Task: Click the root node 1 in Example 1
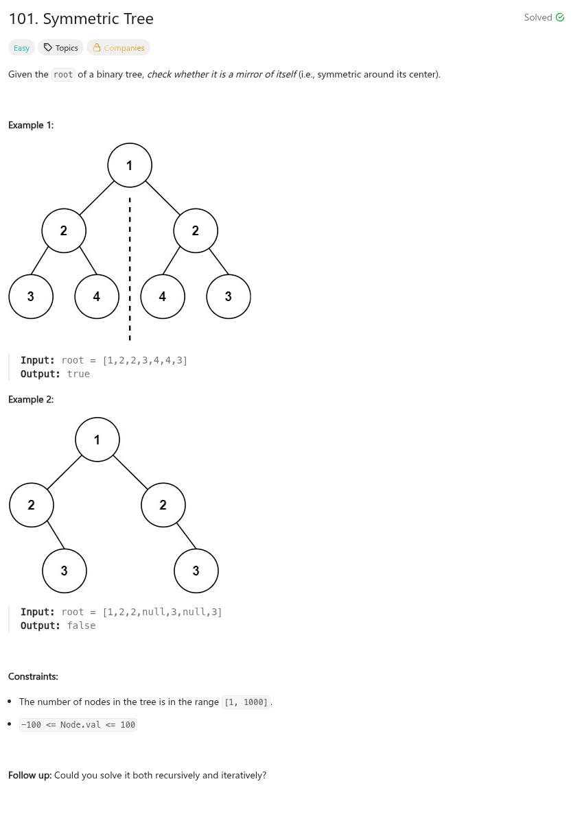(x=130, y=165)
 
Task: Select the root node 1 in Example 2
(x=97, y=440)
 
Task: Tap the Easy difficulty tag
(x=22, y=48)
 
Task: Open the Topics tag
(x=61, y=48)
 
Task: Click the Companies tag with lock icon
(x=118, y=48)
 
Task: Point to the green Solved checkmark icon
(x=560, y=18)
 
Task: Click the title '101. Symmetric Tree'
(x=81, y=19)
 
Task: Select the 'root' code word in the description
(x=63, y=75)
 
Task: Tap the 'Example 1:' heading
(x=31, y=125)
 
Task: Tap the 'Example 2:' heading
(x=31, y=399)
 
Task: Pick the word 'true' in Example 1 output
(x=78, y=374)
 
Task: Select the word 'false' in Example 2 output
(x=81, y=625)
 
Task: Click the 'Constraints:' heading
(x=33, y=676)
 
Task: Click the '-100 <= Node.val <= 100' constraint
(x=78, y=724)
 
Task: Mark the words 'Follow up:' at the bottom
(x=30, y=775)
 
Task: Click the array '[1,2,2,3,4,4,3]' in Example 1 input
(x=145, y=360)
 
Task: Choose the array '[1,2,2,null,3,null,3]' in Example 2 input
(x=162, y=612)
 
